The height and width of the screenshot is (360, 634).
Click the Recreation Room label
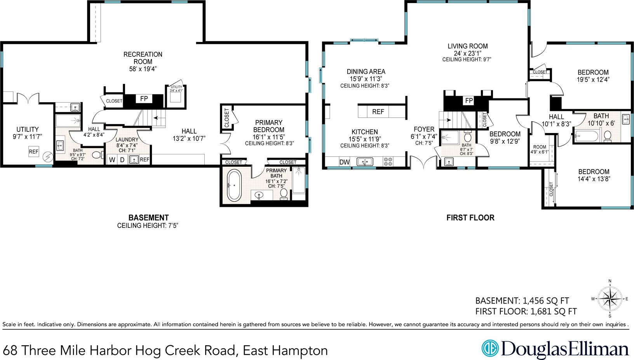[143, 58]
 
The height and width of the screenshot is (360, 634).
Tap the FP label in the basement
[144, 99]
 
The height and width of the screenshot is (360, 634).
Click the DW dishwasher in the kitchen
[345, 162]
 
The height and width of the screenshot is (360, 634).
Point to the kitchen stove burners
[388, 162]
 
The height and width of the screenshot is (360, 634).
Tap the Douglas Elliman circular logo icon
[490, 348]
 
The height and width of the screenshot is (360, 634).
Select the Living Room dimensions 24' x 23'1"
[468, 53]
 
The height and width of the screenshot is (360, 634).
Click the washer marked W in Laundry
[112, 160]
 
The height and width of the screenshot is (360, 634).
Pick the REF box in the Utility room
[33, 152]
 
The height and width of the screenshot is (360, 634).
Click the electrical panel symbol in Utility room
[48, 157]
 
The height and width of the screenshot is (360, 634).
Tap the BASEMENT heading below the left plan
[148, 218]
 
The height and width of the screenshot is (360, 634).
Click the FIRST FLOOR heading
[470, 218]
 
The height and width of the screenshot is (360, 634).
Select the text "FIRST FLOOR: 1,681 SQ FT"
[526, 311]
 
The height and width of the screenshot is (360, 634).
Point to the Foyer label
[424, 129]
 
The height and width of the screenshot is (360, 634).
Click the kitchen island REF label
[378, 112]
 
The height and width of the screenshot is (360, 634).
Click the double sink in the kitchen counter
[365, 161]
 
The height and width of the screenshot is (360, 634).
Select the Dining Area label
[366, 72]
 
